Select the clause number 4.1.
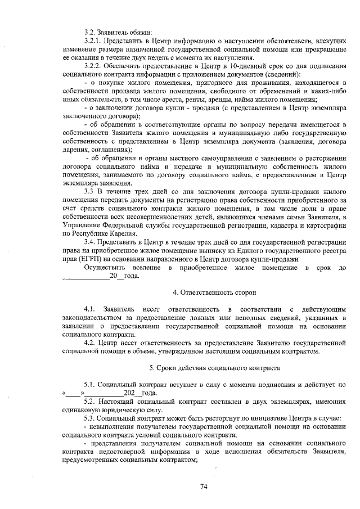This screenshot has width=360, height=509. (89, 310)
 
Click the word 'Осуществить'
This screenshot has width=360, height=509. (104, 268)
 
